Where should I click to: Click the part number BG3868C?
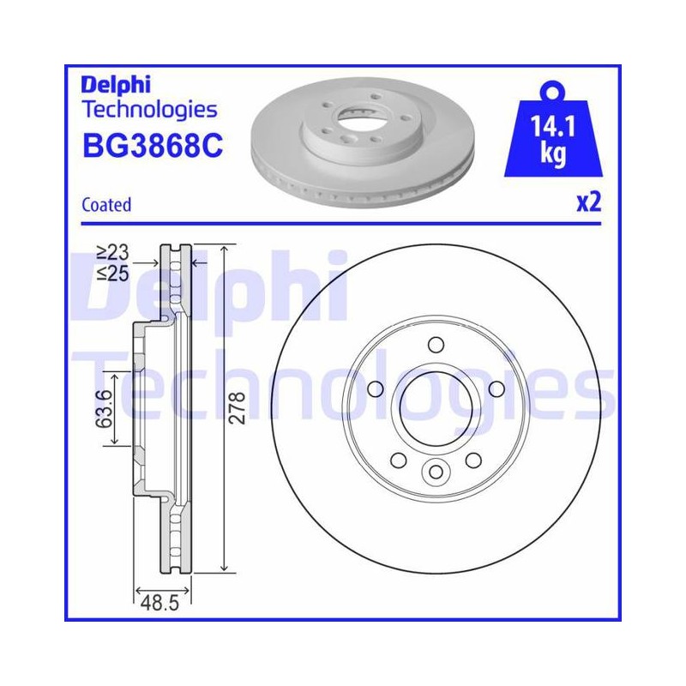(153, 146)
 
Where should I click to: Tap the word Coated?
(106, 205)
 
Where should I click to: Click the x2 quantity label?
(589, 202)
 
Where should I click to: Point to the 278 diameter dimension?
(238, 408)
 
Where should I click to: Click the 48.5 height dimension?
(159, 604)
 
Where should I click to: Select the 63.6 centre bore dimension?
(103, 409)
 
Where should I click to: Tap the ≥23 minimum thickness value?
(113, 252)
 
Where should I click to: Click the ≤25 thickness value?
(113, 274)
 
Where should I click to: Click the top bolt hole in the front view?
(436, 345)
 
